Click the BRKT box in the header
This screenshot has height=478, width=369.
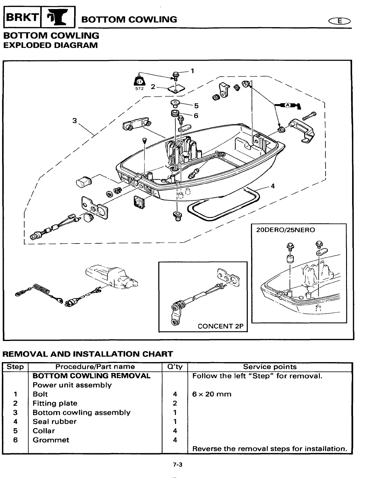pos(22,18)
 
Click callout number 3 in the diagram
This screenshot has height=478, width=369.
pos(74,121)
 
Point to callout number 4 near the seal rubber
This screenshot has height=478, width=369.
pos(273,186)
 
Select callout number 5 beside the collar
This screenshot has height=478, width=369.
pos(196,106)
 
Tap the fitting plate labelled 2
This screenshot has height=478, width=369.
pos(176,88)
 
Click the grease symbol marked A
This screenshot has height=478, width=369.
pos(288,105)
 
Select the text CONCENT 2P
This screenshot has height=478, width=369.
pos(220,326)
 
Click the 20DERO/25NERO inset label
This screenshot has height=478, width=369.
pos(285,230)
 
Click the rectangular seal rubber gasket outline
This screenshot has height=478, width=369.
pos(223,206)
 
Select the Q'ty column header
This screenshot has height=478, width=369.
pos(175,367)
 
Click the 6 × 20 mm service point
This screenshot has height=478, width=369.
pos(212,394)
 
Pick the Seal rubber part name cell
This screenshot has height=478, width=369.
pos(55,422)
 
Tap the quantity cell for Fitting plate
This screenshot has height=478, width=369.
pos(175,403)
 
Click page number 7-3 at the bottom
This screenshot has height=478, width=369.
pos(178,465)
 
